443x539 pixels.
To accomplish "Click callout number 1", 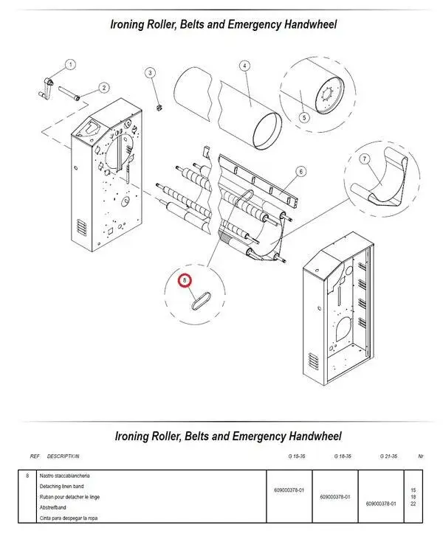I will [71, 65].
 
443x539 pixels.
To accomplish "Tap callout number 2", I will [103, 88].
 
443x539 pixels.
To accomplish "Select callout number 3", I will [150, 72].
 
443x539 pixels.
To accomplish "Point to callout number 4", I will [244, 66].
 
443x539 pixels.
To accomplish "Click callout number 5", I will [303, 117].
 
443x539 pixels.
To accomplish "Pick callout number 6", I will [301, 171].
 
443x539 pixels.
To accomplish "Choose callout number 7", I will [364, 159].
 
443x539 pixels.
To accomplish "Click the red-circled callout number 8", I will [185, 279].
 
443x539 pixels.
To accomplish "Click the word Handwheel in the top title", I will [305, 24].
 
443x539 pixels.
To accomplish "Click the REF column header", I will [35, 456].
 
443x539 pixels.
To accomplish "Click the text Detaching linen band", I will [63, 487].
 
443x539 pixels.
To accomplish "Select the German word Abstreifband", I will [53, 507].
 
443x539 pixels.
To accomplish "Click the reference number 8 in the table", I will [27, 476].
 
